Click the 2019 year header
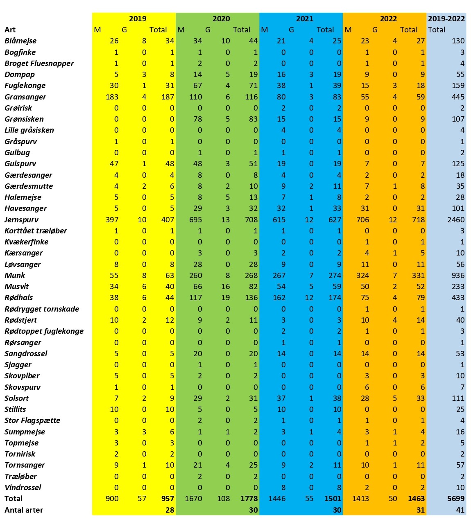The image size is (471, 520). tap(138, 19)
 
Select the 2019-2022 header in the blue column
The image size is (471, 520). tap(446, 19)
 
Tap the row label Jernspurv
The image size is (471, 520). tap(21, 220)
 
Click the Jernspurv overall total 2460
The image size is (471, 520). tap(456, 219)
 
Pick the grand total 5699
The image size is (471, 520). tap(456, 498)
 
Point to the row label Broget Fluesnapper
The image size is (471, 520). tap(39, 63)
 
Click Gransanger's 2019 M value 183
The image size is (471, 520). tap(112, 97)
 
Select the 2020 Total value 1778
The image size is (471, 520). tap(249, 498)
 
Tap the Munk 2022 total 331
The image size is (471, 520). tap(418, 275)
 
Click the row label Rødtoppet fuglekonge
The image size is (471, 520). tap(44, 331)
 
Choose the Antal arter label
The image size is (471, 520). tap(24, 510)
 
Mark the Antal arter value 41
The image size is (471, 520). tap(460, 510)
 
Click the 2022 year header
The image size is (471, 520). tap(388, 19)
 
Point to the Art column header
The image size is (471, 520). tap(10, 30)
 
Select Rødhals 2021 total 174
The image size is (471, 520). tap(335, 298)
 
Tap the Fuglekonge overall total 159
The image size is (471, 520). tap(458, 86)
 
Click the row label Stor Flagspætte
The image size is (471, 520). tap(32, 421)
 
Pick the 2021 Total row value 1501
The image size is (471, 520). tap(333, 498)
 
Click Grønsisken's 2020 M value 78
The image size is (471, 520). tap(198, 119)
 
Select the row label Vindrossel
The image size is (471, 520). tap(23, 487)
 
